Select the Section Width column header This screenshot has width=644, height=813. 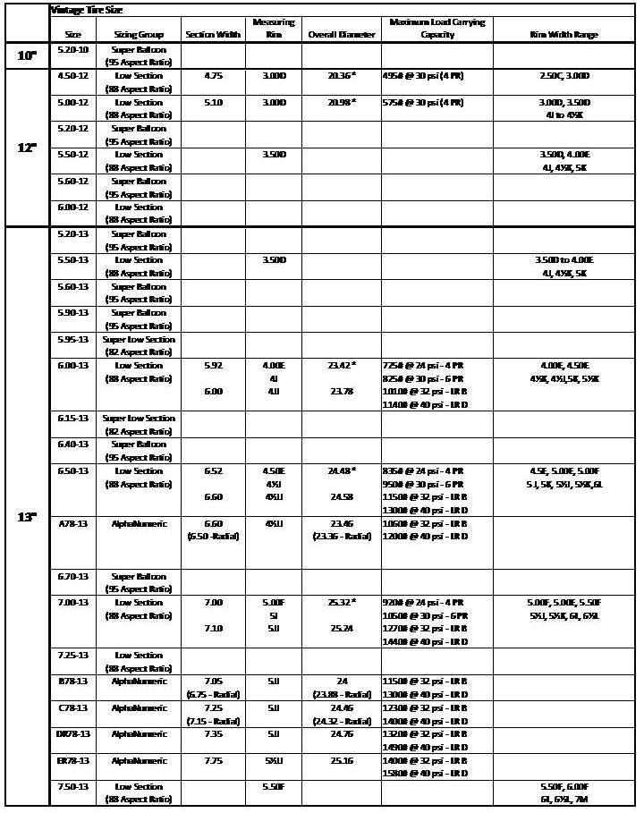coord(213,35)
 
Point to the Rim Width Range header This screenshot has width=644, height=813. coord(563,35)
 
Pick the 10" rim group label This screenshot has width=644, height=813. coord(28,56)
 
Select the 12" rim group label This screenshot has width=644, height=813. coord(28,148)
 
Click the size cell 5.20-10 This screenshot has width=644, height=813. coord(72,50)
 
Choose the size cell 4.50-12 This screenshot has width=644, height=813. coord(72,76)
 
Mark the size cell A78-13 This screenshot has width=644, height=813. coord(72,523)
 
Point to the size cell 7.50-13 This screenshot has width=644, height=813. coord(72,786)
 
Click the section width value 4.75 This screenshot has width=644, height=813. coord(213,76)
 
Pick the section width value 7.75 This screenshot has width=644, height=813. coord(213,760)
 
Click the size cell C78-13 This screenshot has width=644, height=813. coord(72,707)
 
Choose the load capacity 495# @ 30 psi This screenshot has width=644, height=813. coord(423,76)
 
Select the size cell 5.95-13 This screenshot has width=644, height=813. coord(72,340)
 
